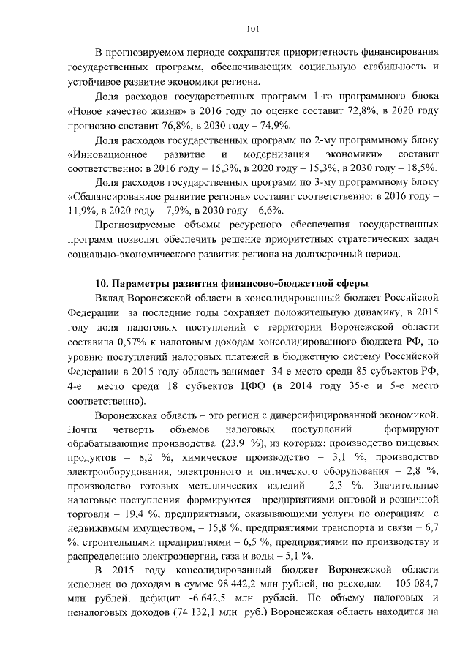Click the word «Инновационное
tap(107, 154)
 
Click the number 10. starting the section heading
tap(103, 282)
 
